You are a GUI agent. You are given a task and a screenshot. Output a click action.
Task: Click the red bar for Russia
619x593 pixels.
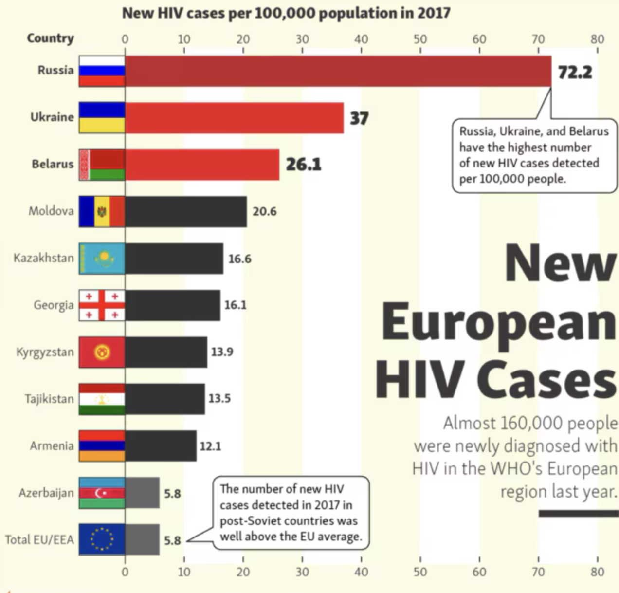(338, 71)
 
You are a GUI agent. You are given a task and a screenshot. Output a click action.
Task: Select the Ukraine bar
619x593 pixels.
(234, 118)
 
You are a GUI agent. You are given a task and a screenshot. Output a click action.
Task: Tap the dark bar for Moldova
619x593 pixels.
(185, 212)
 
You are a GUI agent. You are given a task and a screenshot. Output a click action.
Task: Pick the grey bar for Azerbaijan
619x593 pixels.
(142, 493)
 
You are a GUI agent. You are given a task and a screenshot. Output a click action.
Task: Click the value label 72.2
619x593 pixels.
(575, 72)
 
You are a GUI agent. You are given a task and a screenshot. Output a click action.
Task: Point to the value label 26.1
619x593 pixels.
(303, 165)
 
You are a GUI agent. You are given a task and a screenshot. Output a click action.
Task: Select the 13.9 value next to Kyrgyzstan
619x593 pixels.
(222, 352)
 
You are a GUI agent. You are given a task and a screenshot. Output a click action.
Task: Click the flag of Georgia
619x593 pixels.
(102, 305)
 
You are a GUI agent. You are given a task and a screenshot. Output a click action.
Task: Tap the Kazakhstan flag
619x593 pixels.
(102, 259)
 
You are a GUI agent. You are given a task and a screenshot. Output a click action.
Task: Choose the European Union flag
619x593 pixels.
(102, 539)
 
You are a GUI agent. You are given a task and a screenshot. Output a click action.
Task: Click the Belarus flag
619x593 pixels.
(102, 165)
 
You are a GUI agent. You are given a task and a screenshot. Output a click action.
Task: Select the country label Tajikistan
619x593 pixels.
(49, 399)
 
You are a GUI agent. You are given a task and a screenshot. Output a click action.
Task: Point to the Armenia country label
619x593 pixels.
(52, 446)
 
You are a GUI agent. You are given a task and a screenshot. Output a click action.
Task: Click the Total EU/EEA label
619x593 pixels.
(39, 539)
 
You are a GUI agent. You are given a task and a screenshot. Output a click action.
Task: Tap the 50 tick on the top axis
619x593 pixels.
(420, 39)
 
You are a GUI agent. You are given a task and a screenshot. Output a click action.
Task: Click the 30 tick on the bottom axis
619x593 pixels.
(302, 572)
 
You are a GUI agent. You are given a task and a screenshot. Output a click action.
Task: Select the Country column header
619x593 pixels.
(50, 38)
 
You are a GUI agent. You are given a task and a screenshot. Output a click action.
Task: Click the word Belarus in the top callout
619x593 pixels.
(589, 131)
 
